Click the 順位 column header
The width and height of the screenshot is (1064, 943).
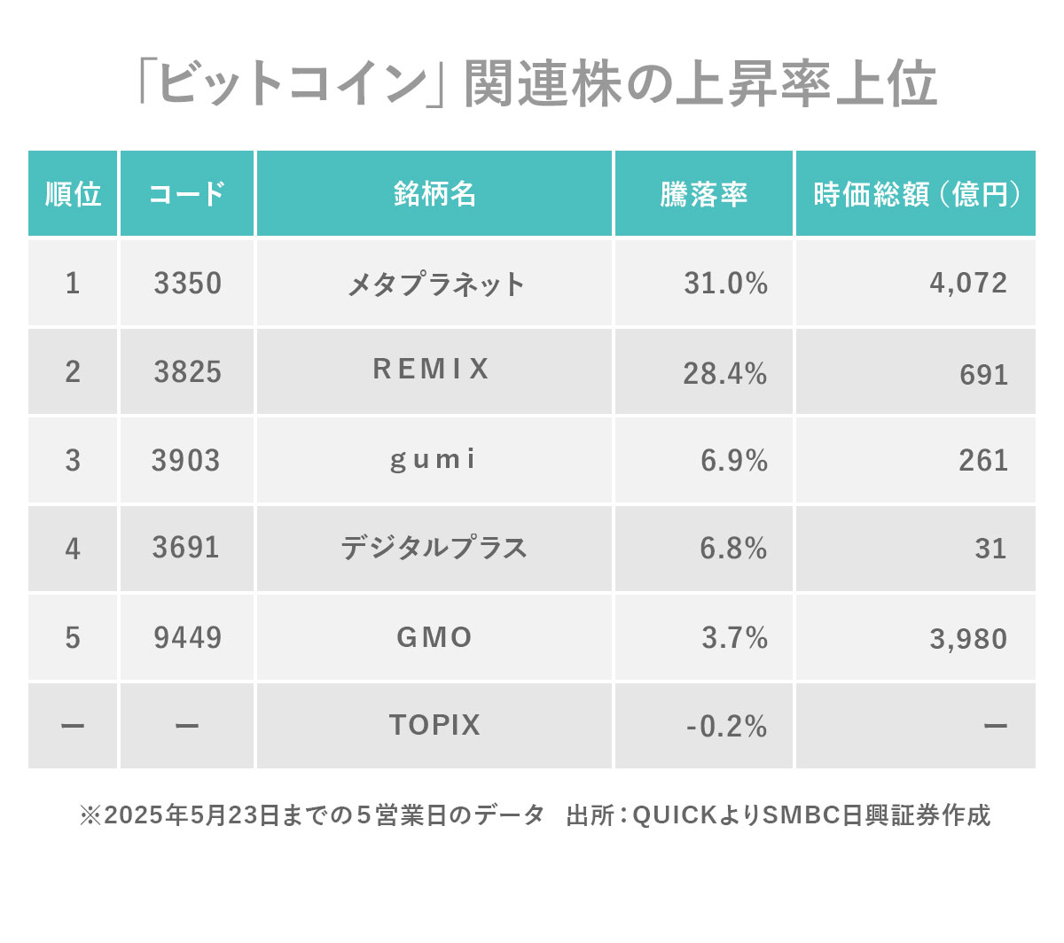[x=73, y=194]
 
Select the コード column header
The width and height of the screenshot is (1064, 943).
[x=187, y=194]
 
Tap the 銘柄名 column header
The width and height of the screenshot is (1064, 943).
[x=434, y=194]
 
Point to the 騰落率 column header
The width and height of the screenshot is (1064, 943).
[x=704, y=194]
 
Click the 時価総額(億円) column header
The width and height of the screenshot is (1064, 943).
[x=916, y=194]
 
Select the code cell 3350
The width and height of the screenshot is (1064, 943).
[x=187, y=284]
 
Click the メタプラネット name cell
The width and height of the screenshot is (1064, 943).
[x=434, y=284]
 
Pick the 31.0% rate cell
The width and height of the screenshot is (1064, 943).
[x=725, y=284]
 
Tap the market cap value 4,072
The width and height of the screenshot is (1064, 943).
[x=968, y=284]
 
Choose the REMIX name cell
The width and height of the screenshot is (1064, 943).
[x=432, y=370]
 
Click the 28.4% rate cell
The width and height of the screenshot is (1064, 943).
[x=724, y=373]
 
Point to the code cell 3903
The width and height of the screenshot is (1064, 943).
[x=185, y=461]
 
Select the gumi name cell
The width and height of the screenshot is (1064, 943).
[x=434, y=460]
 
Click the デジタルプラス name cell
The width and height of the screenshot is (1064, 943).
[x=434, y=549]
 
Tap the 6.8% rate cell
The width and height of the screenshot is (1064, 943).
[x=733, y=549]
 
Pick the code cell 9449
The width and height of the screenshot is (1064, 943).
[x=187, y=638]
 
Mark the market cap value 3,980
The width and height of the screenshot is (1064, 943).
[x=968, y=639]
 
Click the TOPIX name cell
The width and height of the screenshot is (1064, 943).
[x=434, y=726]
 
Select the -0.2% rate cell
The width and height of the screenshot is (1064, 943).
[x=726, y=727]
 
